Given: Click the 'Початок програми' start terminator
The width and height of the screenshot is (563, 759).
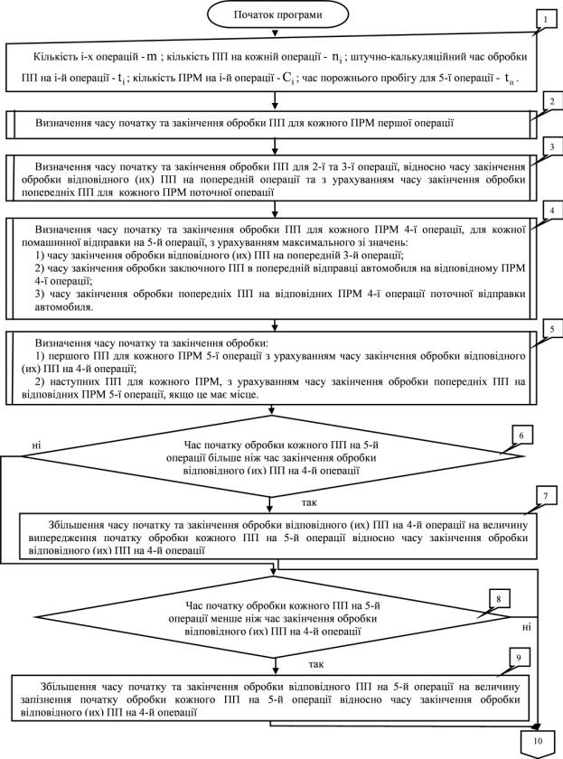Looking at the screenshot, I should pos(277,15).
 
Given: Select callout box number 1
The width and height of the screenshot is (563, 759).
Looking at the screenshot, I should pos(544,17).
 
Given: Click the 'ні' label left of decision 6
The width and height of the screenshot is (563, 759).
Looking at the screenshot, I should pos(36,445).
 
